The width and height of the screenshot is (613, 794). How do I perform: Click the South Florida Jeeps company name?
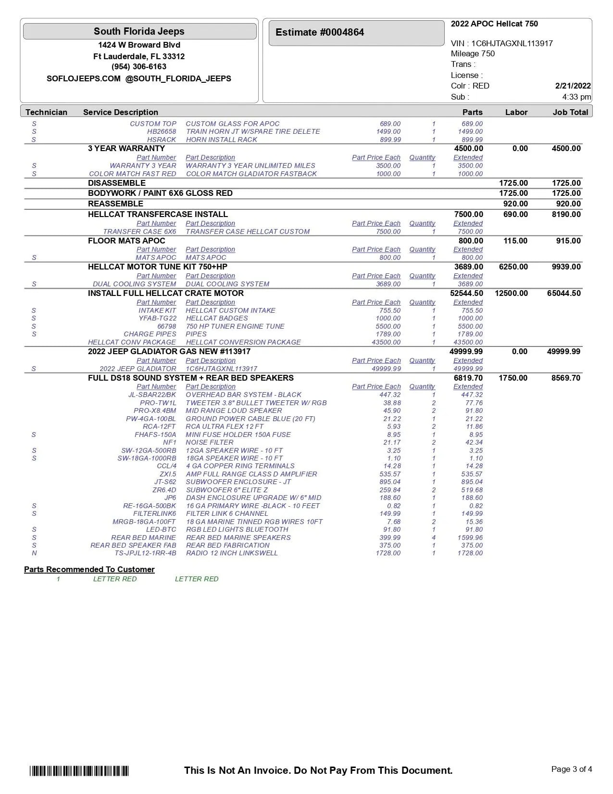(139, 32)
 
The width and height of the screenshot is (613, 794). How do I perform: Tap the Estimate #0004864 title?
(320, 33)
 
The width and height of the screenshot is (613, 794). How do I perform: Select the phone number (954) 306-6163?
(139, 67)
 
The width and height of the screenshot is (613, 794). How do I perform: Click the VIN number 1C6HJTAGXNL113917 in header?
(512, 43)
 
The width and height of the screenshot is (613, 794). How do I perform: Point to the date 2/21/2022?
(573, 86)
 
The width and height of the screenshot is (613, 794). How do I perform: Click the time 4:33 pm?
(576, 97)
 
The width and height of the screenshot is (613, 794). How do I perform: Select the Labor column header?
(516, 112)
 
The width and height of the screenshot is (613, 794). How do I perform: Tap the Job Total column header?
(570, 112)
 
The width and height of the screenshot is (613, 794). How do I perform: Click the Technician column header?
(46, 112)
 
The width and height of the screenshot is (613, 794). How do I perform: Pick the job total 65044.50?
(563, 293)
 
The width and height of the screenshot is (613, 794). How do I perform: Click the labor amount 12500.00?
(511, 293)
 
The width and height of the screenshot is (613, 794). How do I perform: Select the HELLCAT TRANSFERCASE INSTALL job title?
(158, 214)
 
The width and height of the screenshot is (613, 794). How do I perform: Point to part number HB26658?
(162, 131)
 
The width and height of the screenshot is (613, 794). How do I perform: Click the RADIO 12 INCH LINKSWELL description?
(232, 553)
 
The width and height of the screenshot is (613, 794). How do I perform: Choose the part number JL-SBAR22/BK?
(152, 395)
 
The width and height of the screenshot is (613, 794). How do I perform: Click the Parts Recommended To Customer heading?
(89, 569)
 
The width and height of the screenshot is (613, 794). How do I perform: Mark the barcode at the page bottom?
(79, 771)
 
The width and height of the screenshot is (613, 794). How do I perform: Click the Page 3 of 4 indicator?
(571, 769)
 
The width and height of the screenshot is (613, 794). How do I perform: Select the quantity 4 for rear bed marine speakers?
(434, 538)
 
